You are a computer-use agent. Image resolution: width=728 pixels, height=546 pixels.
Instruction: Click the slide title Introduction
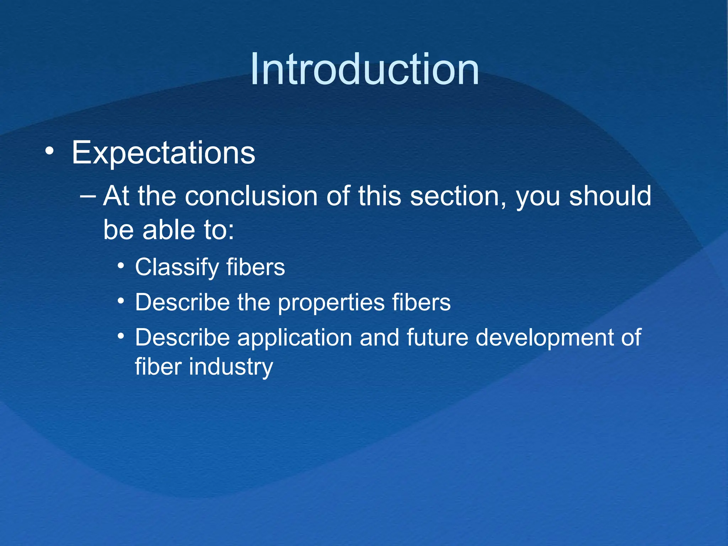pos(364,69)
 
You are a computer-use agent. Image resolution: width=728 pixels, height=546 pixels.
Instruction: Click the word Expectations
pos(163,153)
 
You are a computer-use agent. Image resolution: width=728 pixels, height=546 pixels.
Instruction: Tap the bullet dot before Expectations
pos(50,151)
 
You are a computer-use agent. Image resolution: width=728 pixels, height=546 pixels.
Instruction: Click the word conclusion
pos(251,197)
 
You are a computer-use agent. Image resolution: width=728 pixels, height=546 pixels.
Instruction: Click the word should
pos(610,196)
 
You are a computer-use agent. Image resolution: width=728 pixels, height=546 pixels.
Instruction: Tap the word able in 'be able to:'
pos(169,230)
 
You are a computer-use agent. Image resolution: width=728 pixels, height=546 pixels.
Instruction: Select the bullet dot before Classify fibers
pos(121,266)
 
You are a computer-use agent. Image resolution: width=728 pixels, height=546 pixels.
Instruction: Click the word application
pos(295,337)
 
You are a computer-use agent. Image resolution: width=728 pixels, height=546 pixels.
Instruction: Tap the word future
pos(437,337)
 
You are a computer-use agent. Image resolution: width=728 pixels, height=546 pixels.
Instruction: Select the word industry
pos(231,367)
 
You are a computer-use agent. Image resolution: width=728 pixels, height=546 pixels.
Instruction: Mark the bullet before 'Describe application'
pos(121,336)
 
